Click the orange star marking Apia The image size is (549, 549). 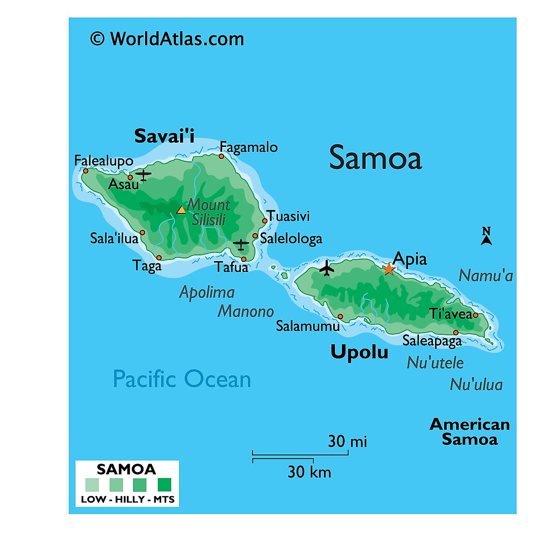click(388, 269)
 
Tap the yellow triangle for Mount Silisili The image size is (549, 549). click(181, 210)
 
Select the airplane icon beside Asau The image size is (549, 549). click(143, 175)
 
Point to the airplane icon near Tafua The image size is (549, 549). click(241, 244)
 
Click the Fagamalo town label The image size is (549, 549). click(249, 147)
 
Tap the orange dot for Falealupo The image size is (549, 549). click(86, 171)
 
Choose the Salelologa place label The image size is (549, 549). click(291, 238)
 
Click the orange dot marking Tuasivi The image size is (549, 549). click(265, 221)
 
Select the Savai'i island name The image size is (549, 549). click(164, 136)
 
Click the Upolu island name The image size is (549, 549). click(359, 352)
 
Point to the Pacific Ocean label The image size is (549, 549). click(182, 379)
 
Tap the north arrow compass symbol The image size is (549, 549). click(486, 236)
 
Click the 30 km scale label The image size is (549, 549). click(309, 472)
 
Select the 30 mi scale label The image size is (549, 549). click(347, 441)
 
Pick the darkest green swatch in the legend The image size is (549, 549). click(164, 485)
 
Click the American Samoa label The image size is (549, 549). click(470, 432)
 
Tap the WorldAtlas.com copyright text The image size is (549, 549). click(167, 39)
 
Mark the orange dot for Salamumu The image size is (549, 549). click(340, 317)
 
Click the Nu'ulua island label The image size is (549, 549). click(476, 385)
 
